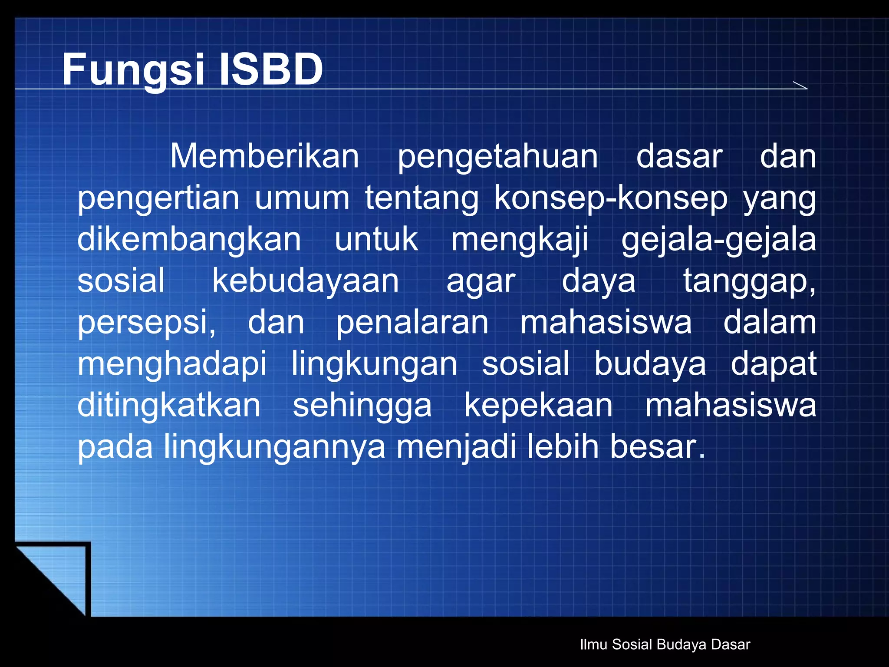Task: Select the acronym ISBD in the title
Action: (x=271, y=69)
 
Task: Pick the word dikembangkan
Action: (x=189, y=240)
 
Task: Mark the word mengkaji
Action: (x=520, y=241)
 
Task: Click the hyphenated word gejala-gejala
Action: (x=718, y=241)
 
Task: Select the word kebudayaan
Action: (x=305, y=281)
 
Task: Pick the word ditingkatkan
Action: (x=169, y=406)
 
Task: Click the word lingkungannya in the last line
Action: (x=274, y=447)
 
